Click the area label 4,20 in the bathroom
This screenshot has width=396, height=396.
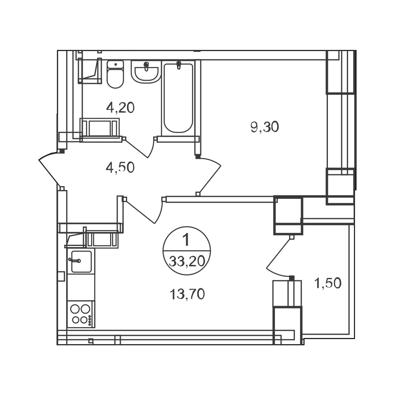click(120, 108)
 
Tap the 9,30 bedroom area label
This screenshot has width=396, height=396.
click(265, 127)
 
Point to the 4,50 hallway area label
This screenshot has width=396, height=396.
click(120, 168)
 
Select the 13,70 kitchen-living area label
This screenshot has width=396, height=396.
click(187, 294)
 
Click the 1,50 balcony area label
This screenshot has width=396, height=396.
click(328, 283)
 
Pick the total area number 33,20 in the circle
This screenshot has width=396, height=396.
click(187, 261)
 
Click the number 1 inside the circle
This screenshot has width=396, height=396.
click(186, 240)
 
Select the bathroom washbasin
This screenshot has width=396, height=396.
click(146, 72)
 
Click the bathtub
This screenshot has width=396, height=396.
click(178, 98)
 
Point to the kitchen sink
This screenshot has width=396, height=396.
click(81, 261)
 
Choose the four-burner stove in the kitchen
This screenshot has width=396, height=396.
click(81, 314)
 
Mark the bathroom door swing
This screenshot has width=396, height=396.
click(139, 147)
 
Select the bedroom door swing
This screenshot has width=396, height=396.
click(209, 174)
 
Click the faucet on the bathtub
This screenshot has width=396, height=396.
click(179, 65)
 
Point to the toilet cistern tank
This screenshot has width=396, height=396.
click(115, 65)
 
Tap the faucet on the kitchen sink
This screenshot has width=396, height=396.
click(75, 260)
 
